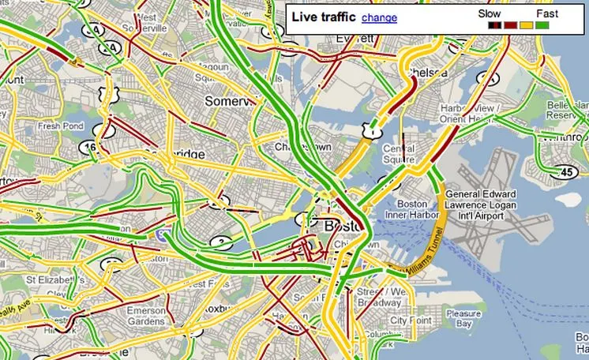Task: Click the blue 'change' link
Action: pos(379,17)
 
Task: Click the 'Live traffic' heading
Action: pos(324,17)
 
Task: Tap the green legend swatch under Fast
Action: pos(542,25)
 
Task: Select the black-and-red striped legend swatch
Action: pos(495,25)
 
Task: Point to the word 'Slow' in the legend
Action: pos(490,13)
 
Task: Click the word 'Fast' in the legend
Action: pos(547,13)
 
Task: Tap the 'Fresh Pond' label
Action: pos(61,126)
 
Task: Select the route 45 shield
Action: pos(566,172)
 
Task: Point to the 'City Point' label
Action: pos(409,321)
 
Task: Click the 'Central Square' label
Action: pos(399,154)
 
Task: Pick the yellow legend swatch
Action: pos(526,25)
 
